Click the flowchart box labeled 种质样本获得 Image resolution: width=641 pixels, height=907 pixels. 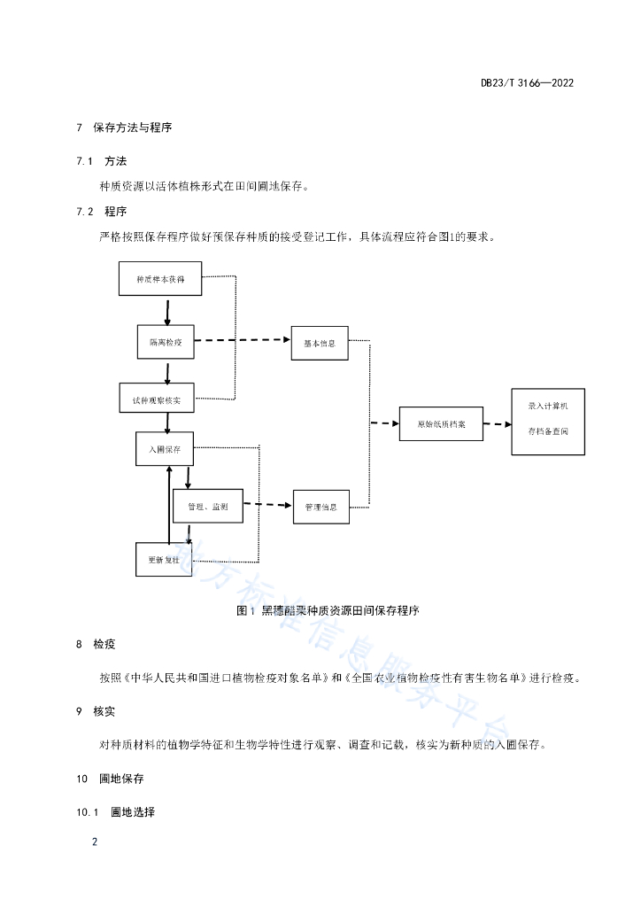(x=160, y=279)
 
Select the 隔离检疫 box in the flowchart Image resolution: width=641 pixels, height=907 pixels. (x=166, y=342)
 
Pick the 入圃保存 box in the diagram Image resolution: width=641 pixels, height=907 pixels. (x=165, y=448)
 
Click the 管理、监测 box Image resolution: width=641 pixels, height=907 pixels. (x=208, y=506)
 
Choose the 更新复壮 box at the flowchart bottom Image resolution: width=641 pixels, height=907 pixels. (x=164, y=560)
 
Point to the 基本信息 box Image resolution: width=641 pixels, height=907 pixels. (x=320, y=343)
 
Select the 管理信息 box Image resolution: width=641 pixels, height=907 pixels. (x=321, y=507)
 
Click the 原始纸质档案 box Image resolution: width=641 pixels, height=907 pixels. (x=441, y=424)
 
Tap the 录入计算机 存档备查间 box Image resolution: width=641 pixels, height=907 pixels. (x=548, y=422)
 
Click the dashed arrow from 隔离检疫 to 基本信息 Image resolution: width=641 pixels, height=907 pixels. (x=243, y=340)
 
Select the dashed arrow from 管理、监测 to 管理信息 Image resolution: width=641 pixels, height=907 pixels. (x=268, y=505)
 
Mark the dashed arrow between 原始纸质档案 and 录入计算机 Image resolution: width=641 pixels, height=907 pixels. (x=497, y=424)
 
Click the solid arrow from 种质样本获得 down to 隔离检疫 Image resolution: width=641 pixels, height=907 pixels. (x=167, y=313)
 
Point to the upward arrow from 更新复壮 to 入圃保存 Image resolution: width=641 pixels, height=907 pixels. (x=169, y=504)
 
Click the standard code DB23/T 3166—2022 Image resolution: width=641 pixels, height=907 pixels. (x=527, y=82)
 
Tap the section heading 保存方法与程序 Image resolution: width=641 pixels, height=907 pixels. (x=133, y=128)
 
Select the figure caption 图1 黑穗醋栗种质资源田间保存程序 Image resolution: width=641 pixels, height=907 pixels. (x=328, y=610)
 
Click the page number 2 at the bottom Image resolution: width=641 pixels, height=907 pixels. (x=95, y=841)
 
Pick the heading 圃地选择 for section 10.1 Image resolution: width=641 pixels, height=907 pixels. (x=133, y=812)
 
